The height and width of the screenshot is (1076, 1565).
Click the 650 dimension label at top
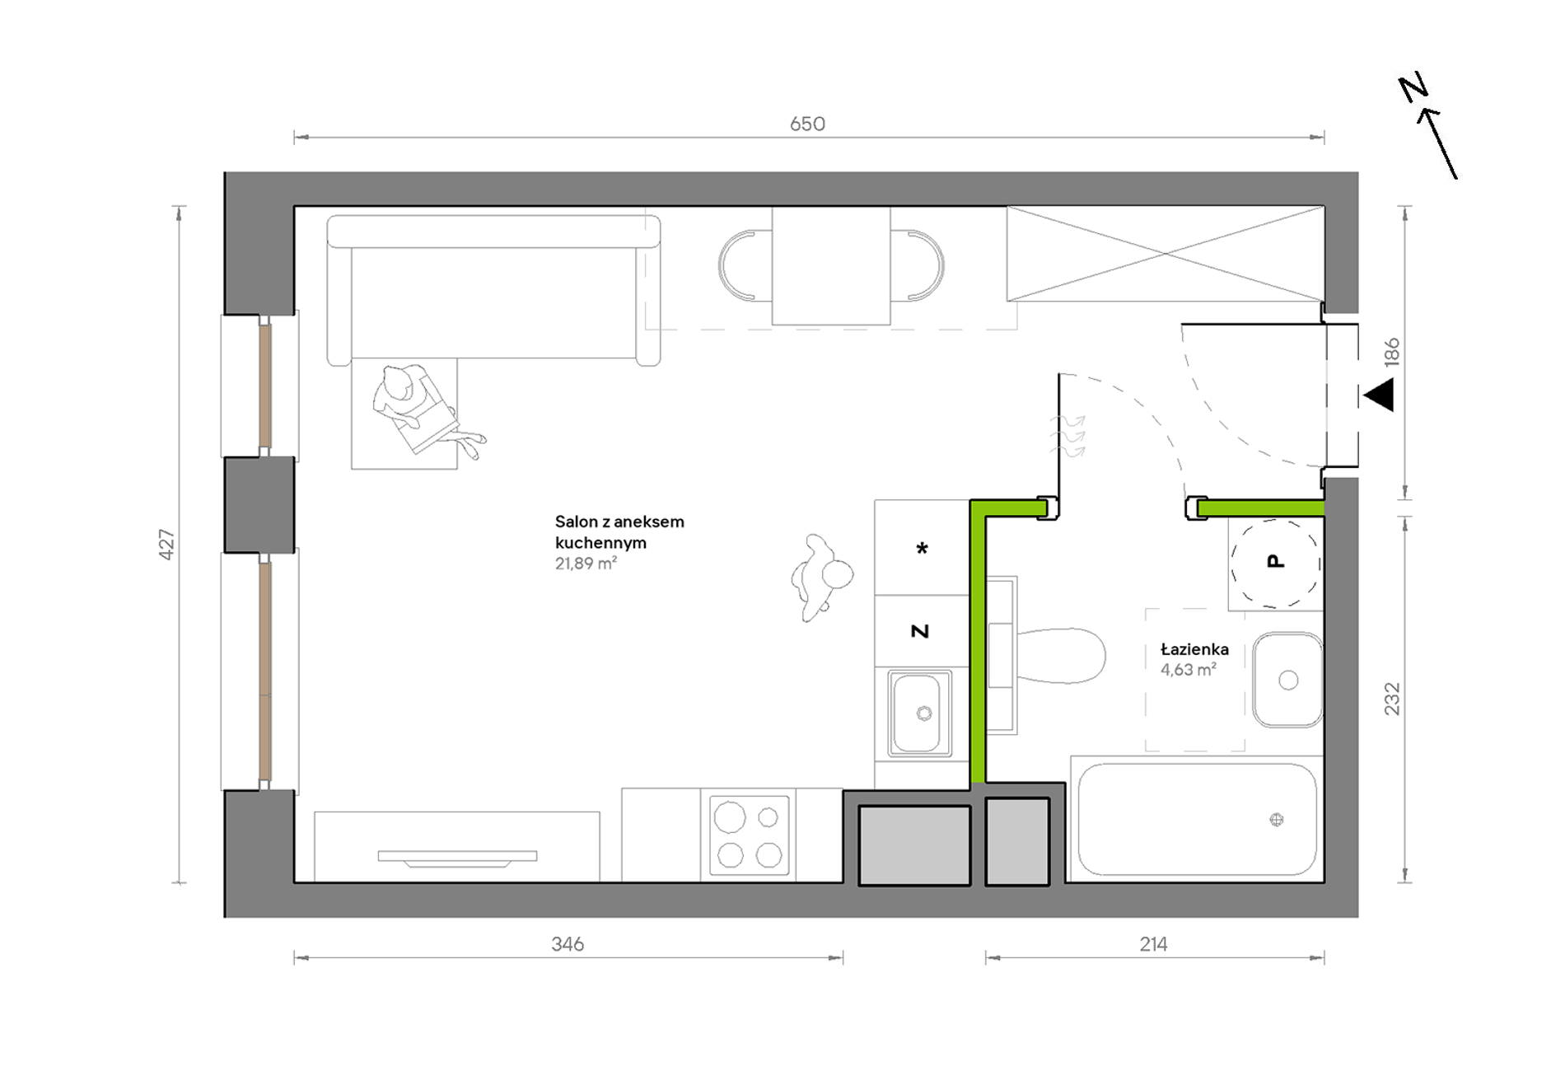[x=807, y=124]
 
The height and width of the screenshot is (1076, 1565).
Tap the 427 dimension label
[x=166, y=545]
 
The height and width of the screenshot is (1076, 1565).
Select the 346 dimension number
[x=568, y=944]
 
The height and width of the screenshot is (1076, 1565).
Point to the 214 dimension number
[x=1153, y=944]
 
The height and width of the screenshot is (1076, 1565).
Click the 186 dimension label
[x=1392, y=352]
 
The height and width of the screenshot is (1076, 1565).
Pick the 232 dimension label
[x=1392, y=699]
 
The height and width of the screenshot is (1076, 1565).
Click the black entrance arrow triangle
[x=1379, y=395]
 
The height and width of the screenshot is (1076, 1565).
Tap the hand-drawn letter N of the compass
[x=1413, y=87]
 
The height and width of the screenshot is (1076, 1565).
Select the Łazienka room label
[x=1194, y=649]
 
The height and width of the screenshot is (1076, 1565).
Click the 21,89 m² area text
[x=586, y=564]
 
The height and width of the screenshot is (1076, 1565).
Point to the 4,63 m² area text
[x=1189, y=670]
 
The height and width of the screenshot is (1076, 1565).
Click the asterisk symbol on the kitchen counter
[x=923, y=549]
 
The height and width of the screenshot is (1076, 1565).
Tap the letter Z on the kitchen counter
[x=920, y=631]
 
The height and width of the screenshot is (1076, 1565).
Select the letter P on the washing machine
[x=1275, y=561]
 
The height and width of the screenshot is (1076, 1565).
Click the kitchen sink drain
[x=924, y=713]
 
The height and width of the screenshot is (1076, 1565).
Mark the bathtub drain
[x=1277, y=819]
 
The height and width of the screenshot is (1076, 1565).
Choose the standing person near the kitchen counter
[x=820, y=577]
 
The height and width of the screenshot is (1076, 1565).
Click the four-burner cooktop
[x=749, y=835]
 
